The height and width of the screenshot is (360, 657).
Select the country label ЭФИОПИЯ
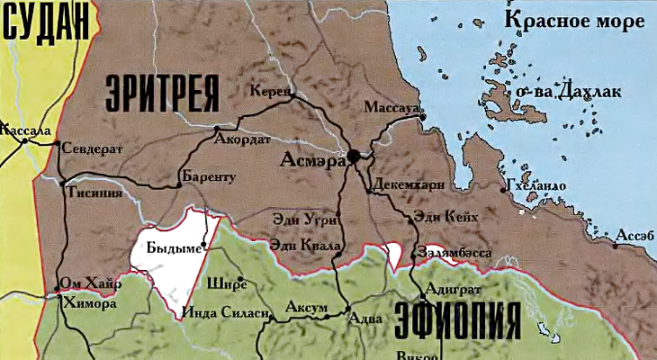click(x=459, y=319)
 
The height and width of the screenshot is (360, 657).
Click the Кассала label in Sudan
click(x=26, y=130)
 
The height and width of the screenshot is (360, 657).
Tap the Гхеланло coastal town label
click(x=537, y=185)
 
